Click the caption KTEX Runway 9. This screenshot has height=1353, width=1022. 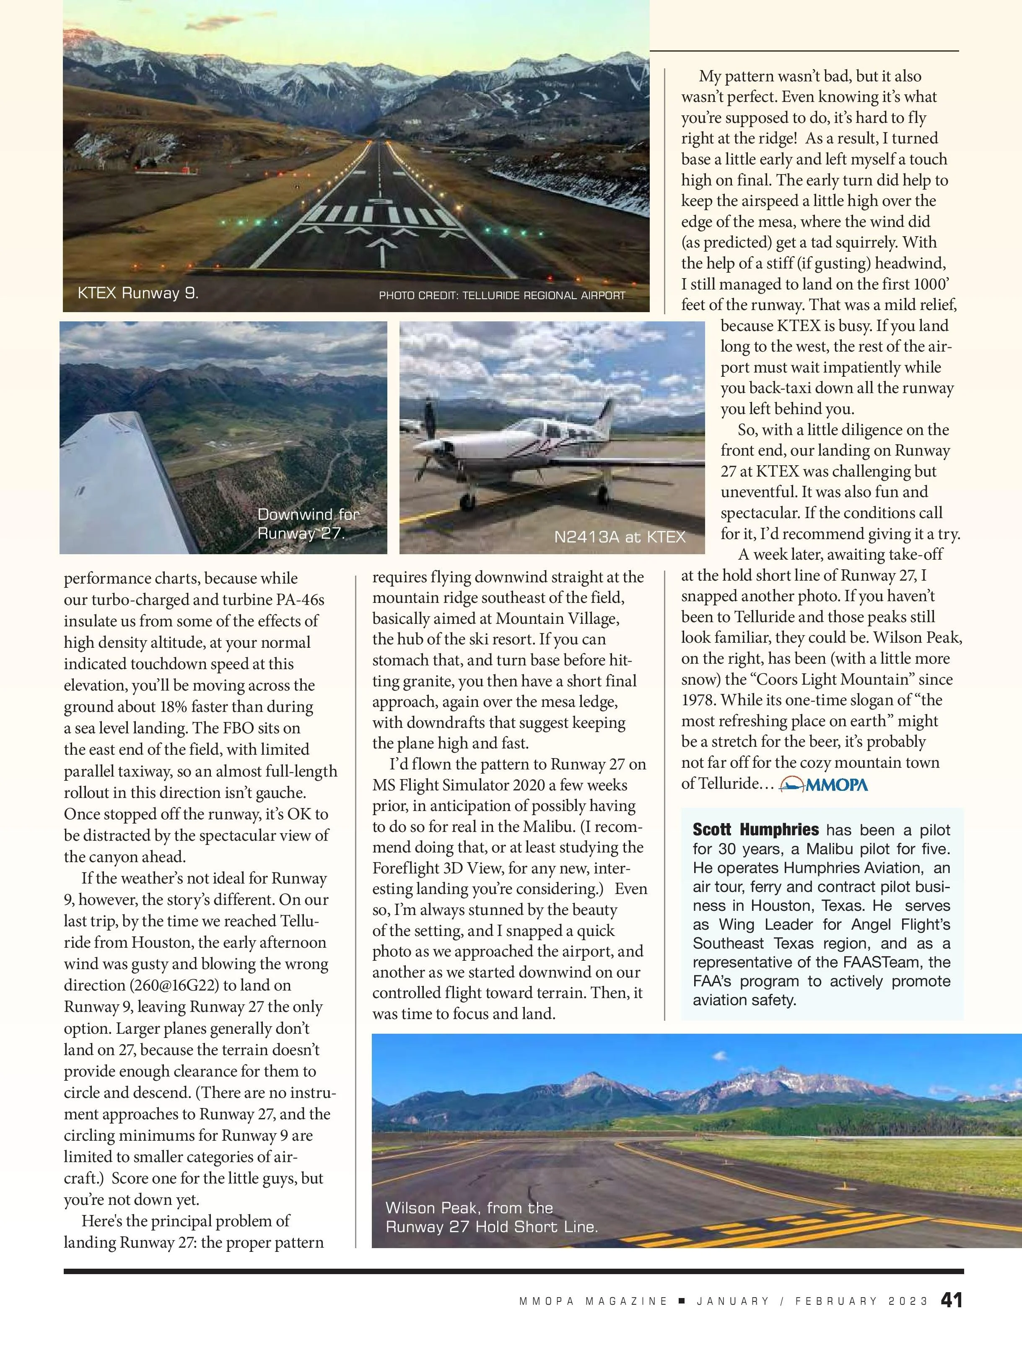[137, 293]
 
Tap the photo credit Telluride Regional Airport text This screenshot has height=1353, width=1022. [502, 295]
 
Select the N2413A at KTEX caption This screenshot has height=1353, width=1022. [619, 537]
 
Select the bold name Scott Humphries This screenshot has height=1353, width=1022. [755, 830]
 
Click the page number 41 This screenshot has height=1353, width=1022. [951, 1317]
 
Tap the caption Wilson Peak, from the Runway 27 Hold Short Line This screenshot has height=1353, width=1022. [491, 1217]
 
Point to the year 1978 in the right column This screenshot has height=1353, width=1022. [699, 700]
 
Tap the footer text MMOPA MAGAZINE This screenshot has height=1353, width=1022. [593, 1318]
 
